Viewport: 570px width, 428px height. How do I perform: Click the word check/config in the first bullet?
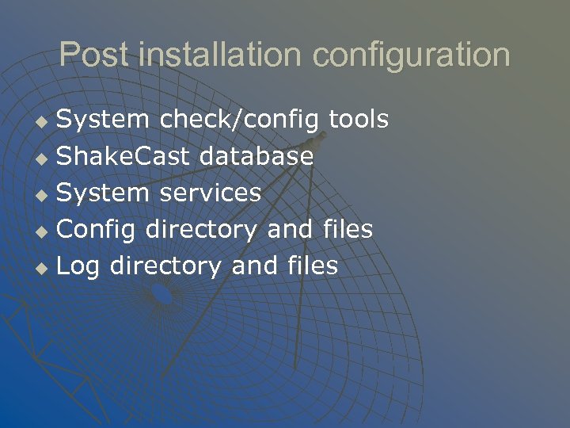coord(239,120)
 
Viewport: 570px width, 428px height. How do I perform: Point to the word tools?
coord(359,120)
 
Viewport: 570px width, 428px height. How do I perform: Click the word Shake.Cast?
coord(123,156)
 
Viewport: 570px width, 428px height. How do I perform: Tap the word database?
coord(256,156)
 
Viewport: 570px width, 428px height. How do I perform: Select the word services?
coord(211,193)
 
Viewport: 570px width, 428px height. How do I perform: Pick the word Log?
coord(78,266)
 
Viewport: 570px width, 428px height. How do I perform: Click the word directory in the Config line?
coord(201,230)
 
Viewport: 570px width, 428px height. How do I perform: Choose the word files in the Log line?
coord(309,266)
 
